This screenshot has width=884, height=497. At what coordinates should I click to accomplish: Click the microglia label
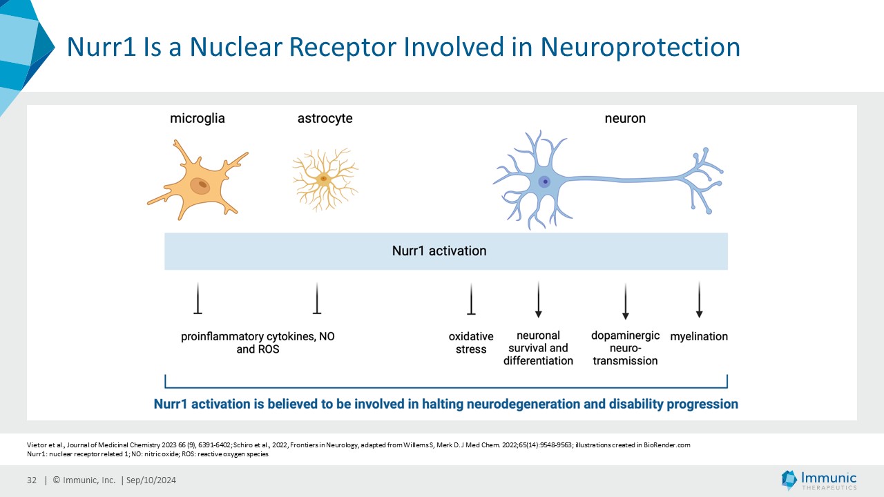tap(198, 119)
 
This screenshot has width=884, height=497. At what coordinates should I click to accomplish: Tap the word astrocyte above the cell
tap(325, 119)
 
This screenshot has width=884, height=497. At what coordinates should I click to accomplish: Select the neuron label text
tap(625, 119)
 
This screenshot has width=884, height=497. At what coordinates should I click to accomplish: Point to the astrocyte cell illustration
tap(324, 179)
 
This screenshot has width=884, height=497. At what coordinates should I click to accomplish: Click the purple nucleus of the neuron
tap(545, 182)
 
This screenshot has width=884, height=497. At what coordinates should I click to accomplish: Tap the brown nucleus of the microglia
tap(201, 185)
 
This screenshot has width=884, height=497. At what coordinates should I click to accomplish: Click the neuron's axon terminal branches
tap(704, 178)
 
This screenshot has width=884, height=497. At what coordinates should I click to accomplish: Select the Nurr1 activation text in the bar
tap(439, 251)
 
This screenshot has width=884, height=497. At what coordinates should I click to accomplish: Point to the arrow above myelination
tap(699, 300)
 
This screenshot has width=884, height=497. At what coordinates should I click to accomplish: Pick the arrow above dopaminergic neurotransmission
tap(625, 301)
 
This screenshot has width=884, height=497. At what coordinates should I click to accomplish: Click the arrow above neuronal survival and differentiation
tap(538, 300)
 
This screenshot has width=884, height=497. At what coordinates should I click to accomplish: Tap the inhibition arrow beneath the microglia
tap(198, 298)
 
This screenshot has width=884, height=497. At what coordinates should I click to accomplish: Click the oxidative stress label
tap(471, 343)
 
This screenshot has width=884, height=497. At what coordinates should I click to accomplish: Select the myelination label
tap(699, 337)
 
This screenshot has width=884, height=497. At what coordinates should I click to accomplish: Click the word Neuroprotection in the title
tap(640, 47)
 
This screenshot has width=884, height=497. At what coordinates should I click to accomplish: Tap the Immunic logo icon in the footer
tap(789, 480)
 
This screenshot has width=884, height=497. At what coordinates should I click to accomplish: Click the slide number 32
tap(32, 480)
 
